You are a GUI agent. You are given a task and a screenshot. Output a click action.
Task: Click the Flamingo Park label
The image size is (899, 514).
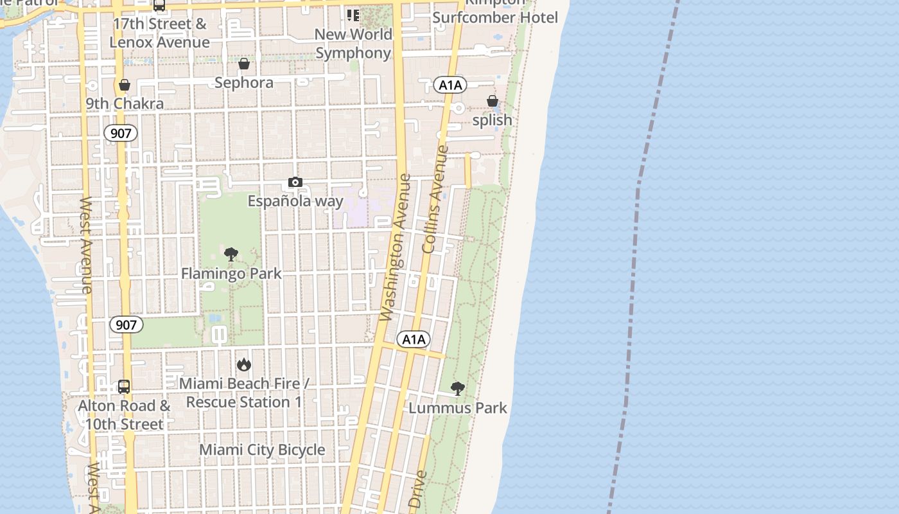(x=231, y=274)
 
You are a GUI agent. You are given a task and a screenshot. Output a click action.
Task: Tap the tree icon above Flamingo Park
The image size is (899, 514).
(x=231, y=254)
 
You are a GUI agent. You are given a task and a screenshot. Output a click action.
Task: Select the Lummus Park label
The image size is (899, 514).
(x=458, y=408)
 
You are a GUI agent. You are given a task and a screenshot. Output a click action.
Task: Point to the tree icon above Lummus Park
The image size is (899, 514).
(x=457, y=388)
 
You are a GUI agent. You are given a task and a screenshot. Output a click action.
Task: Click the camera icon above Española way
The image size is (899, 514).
(x=295, y=182)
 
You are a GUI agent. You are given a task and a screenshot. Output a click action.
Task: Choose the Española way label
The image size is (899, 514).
(x=295, y=201)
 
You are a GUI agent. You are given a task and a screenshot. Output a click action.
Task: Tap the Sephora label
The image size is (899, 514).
(x=244, y=83)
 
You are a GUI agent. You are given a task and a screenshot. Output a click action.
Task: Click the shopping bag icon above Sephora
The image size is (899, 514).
(x=244, y=64)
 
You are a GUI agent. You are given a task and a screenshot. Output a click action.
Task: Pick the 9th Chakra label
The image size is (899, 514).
(x=125, y=103)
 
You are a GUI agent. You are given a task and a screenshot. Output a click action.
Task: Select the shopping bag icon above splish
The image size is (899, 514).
(x=493, y=101)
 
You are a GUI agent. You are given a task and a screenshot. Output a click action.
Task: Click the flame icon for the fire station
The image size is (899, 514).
(x=243, y=365)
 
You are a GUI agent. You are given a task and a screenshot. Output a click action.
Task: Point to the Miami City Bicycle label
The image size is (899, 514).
(x=262, y=450)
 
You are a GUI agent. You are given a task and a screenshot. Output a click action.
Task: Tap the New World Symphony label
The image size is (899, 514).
(x=353, y=44)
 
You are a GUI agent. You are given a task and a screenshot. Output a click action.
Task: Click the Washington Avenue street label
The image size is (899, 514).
(x=395, y=247)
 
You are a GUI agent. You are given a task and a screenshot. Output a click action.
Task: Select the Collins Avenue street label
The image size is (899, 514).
(x=434, y=199)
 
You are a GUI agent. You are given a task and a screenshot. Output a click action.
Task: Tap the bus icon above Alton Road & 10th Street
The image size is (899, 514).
(x=124, y=387)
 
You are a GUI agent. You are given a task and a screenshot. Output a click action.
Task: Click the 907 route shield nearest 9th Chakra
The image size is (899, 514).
(x=121, y=134)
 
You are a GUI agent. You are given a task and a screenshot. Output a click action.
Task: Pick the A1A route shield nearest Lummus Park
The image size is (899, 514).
(x=413, y=340)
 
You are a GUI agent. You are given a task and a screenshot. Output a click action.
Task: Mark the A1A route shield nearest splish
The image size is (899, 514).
(x=450, y=85)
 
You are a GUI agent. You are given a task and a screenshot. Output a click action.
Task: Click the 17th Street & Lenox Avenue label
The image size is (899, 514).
(x=159, y=33)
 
